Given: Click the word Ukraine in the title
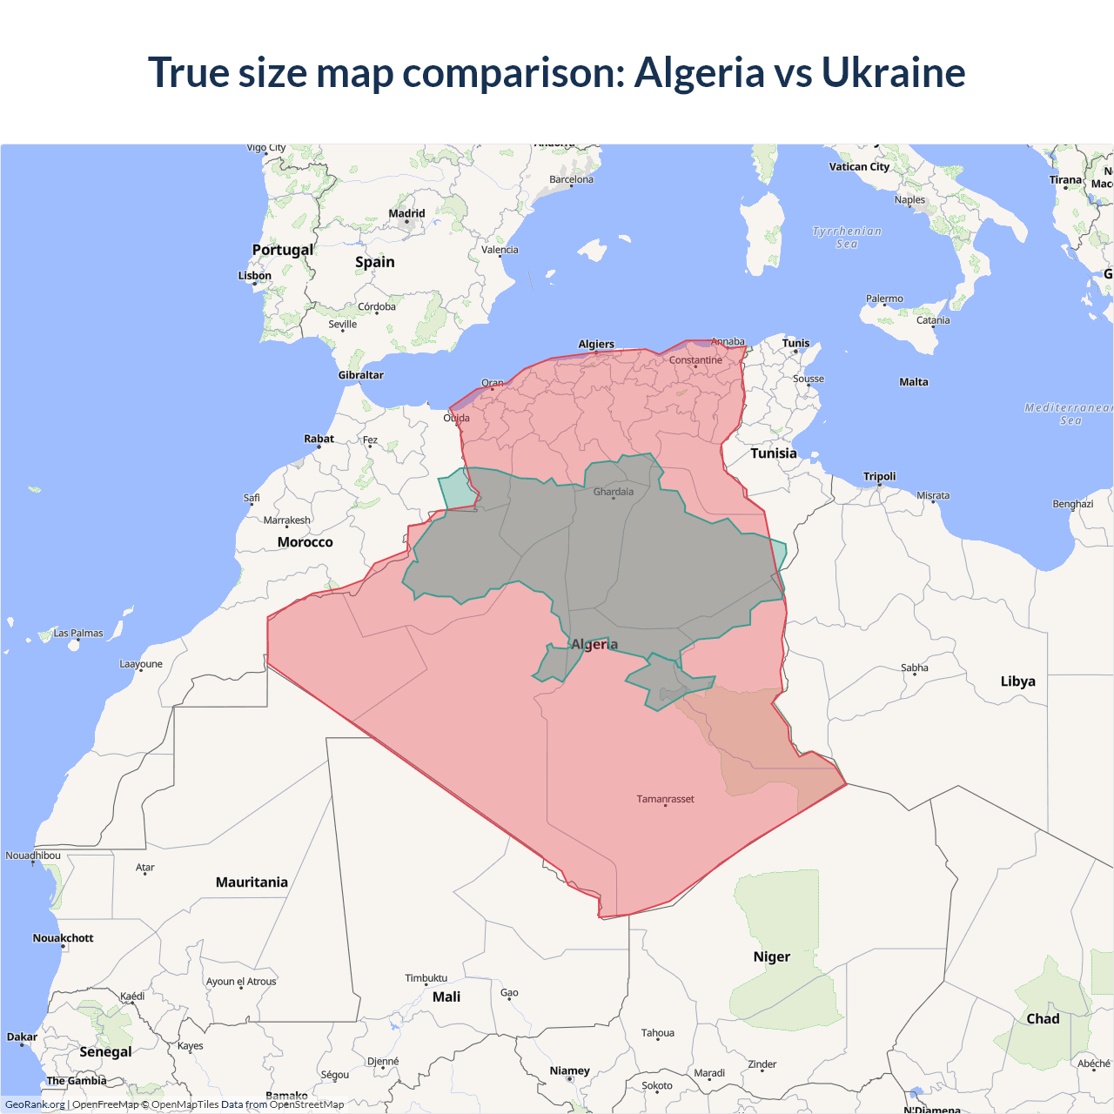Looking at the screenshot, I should pyautogui.click(x=893, y=73).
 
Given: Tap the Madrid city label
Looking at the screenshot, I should pyautogui.click(x=406, y=213).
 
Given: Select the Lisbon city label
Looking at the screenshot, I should pyautogui.click(x=255, y=276).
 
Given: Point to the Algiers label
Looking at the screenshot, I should pyautogui.click(x=596, y=345).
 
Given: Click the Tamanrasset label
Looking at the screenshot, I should pyautogui.click(x=665, y=799).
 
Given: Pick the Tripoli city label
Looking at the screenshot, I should pyautogui.click(x=879, y=476).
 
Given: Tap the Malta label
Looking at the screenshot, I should pyautogui.click(x=914, y=382).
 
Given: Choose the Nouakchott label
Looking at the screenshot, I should pyautogui.click(x=63, y=938).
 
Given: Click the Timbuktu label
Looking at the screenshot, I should pyautogui.click(x=426, y=978).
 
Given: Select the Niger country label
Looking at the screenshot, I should pyautogui.click(x=771, y=956).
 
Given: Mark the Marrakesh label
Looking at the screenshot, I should pyautogui.click(x=286, y=520).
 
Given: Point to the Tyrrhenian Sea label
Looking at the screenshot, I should pyautogui.click(x=847, y=238).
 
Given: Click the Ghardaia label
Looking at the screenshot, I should pyautogui.click(x=614, y=492).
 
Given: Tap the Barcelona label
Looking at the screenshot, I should pyautogui.click(x=571, y=180).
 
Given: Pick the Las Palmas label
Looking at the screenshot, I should pyautogui.click(x=78, y=634).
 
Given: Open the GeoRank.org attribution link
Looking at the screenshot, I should pyautogui.click(x=35, y=1104).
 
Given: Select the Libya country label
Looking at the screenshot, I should pyautogui.click(x=1017, y=681).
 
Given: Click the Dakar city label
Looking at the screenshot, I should pyautogui.click(x=22, y=1037).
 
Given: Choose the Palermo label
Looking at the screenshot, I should pyautogui.click(x=884, y=299).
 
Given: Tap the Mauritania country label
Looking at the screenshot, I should pyautogui.click(x=252, y=882).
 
